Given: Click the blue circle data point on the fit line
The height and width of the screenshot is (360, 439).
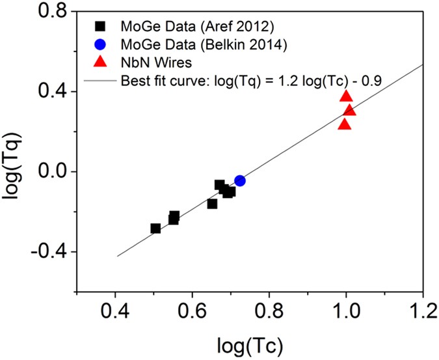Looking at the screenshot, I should click(240, 181).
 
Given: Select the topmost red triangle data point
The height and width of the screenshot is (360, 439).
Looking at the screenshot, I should click(346, 97).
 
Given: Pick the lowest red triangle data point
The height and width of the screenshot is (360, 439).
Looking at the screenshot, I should click(344, 124).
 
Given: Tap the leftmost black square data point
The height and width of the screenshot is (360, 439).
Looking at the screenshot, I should click(155, 228).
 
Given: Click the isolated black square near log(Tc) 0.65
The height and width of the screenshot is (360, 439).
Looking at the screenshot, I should click(212, 204).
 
